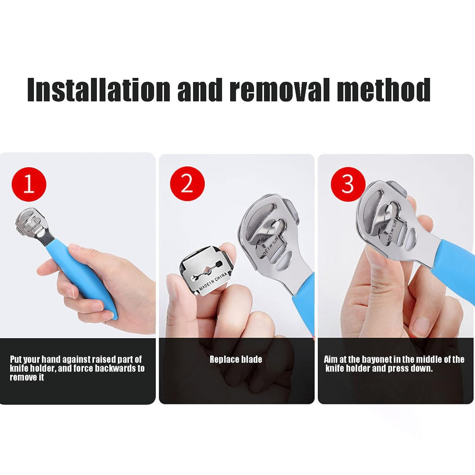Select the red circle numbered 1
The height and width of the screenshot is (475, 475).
click(x=29, y=184)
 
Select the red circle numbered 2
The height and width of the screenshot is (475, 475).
click(x=187, y=184)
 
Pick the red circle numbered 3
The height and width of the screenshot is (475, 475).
click(x=347, y=184)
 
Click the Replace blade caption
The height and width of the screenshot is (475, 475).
click(x=236, y=359)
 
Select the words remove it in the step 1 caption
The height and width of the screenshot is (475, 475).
click(x=27, y=378)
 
